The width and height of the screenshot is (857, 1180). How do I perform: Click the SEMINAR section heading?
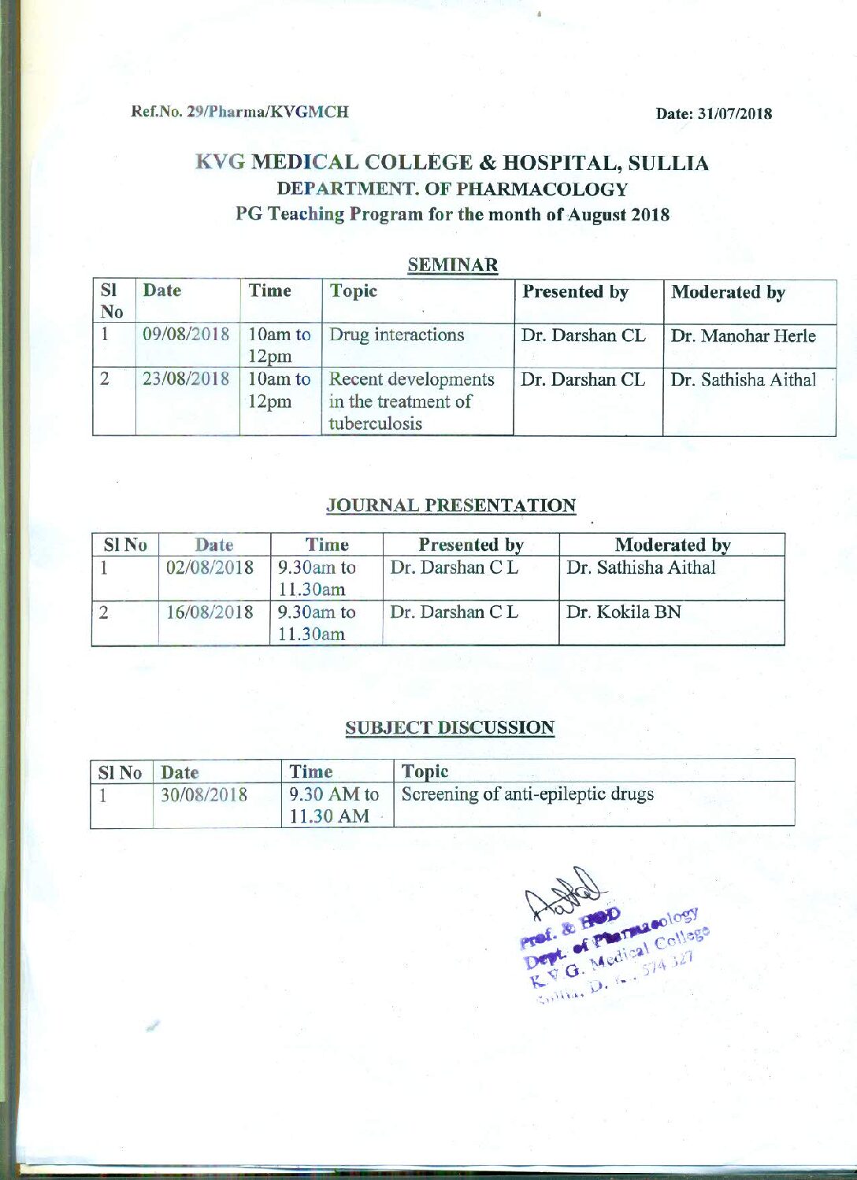pos(453,265)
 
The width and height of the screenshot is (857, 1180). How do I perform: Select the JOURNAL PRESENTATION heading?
pos(451,505)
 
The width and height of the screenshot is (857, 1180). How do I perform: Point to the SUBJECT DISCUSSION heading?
pos(450,727)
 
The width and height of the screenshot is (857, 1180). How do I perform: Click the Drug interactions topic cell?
pos(397,335)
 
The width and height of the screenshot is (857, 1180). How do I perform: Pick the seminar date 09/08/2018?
pos(186,334)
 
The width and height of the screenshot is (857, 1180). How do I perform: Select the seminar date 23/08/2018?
pos(186,379)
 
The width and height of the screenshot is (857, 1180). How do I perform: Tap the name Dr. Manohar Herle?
pos(743,336)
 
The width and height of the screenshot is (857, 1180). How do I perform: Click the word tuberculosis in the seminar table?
pos(375,424)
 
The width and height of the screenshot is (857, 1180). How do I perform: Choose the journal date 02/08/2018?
pos(210,568)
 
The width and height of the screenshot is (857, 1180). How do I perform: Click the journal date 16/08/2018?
pos(210,612)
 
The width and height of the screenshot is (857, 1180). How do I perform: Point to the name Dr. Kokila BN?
pos(624,612)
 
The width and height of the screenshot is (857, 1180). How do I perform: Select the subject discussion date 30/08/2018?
pos(204,794)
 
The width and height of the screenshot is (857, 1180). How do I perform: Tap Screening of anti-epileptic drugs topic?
pos(528,793)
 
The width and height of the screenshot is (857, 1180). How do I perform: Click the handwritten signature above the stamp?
pos(561,893)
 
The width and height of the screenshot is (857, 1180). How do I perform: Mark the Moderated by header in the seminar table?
pos(728,293)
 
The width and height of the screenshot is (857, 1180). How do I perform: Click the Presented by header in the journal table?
pos(471,545)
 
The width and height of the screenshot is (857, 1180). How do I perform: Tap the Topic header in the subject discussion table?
pos(425,771)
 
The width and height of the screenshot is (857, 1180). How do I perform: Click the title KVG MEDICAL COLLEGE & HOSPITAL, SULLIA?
pos(452,163)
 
